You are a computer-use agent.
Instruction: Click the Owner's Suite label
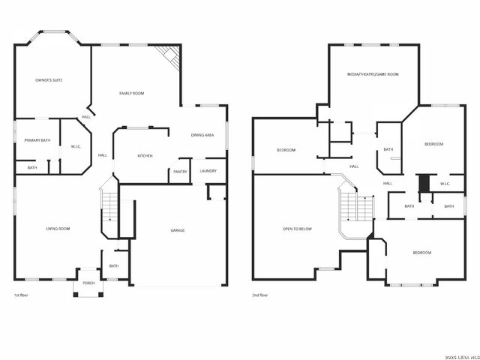(x=49, y=79)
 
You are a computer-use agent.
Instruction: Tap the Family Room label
(x=132, y=93)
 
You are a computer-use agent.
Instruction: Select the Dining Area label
(x=202, y=135)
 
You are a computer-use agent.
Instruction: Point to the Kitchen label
(x=145, y=156)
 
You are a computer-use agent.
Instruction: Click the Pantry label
(x=180, y=172)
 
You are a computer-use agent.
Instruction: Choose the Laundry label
(x=208, y=171)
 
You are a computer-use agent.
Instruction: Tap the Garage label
(x=178, y=230)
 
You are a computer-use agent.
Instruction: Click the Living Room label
(x=58, y=229)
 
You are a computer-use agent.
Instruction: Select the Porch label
(x=88, y=283)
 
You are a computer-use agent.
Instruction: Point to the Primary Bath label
(x=37, y=140)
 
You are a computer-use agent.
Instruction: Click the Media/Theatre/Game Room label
(x=373, y=74)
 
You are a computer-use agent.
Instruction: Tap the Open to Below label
(x=297, y=229)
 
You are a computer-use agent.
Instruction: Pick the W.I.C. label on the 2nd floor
(x=445, y=184)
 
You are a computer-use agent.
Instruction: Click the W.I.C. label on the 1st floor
(x=76, y=146)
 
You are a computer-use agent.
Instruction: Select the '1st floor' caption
(x=22, y=295)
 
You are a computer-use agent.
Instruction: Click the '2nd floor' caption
(x=259, y=295)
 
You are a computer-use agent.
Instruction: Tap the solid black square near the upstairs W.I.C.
(x=424, y=183)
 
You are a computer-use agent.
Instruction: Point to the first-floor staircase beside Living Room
(x=110, y=206)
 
